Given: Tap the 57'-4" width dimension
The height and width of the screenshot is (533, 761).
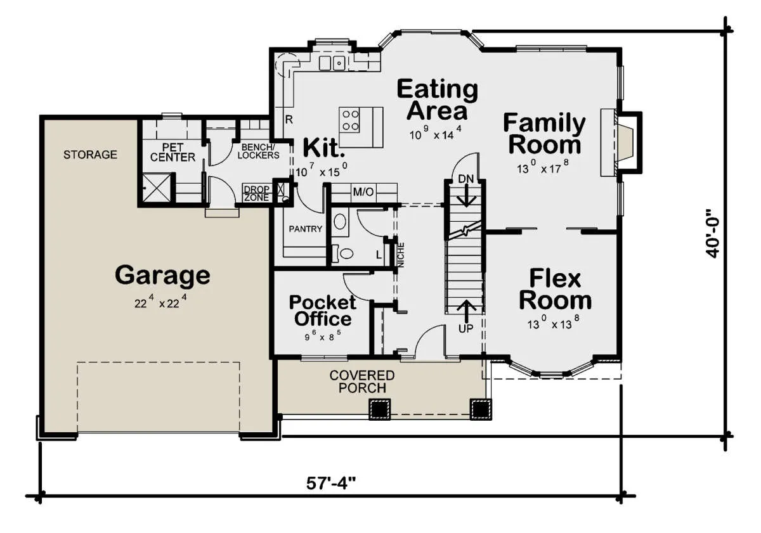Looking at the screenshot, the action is point(331,483).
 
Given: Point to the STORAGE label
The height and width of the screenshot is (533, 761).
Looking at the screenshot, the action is point(90,155).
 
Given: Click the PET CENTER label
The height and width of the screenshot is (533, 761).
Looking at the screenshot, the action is point(172,153).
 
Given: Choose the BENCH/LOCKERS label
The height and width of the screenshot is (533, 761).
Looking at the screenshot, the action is point(258,151).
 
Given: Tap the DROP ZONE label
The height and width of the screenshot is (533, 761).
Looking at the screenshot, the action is point(256,193).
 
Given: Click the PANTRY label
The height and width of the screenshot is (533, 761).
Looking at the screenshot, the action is point(306,229).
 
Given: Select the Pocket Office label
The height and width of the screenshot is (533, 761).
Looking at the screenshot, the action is point(322,311).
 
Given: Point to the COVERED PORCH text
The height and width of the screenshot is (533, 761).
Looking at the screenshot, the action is point(362,382).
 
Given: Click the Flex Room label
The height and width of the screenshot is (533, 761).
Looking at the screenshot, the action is point(555,289).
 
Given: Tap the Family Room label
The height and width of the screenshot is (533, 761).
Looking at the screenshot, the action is point(544,134).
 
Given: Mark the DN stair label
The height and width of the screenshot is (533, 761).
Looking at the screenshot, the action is point(465,179).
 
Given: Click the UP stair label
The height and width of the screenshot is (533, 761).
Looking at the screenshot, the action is point(465,328).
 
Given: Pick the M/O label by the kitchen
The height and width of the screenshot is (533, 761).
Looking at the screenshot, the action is point(363,192).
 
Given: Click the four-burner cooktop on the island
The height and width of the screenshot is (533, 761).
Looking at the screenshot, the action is point(350,120).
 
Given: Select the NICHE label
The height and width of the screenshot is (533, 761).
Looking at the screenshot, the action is point(401,255).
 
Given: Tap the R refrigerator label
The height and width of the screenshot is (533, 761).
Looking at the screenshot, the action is point(289,120).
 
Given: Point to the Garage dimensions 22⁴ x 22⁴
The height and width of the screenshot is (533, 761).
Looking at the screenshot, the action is point(160,302).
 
